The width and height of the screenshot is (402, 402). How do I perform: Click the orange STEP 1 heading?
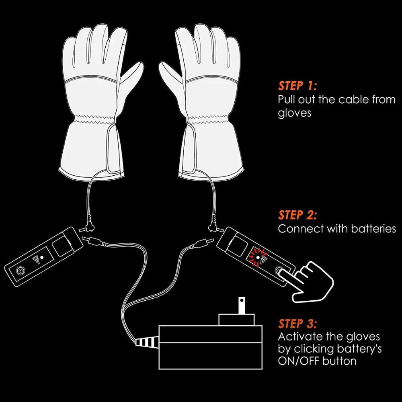297,86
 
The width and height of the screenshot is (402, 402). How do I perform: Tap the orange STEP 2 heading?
297,215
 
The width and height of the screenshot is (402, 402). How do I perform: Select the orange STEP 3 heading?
297,324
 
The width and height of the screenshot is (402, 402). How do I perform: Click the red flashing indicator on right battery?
254,255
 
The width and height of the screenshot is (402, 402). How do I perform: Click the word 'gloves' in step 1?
294,113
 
